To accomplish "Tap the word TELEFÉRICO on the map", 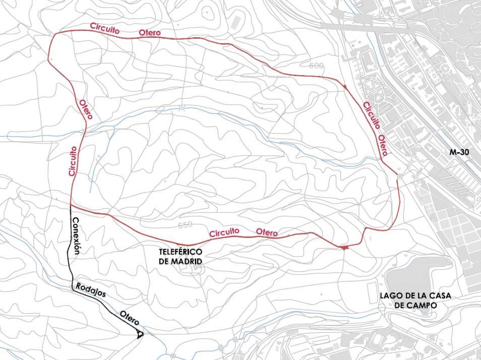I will [179, 252].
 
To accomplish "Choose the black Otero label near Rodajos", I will [129, 318].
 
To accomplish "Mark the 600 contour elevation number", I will [316, 66].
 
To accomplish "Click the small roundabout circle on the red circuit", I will [399, 176].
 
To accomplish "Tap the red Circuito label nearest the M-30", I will [371, 115].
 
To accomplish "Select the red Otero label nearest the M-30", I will [383, 145].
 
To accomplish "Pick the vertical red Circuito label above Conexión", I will [73, 161].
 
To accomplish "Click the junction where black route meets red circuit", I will [70, 206].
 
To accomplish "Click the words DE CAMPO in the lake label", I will [417, 305].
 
